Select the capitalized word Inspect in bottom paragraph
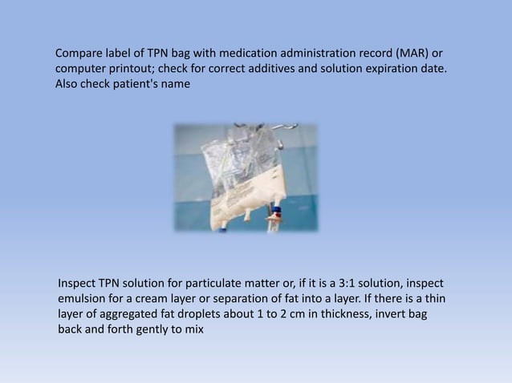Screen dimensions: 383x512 pyautogui.click(x=78, y=284)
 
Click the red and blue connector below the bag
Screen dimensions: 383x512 pyautogui.click(x=275, y=214)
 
